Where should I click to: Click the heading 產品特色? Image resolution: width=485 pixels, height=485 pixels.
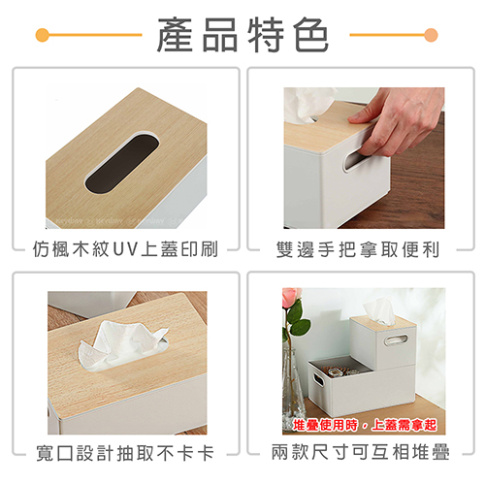pyautogui.click(x=242, y=35)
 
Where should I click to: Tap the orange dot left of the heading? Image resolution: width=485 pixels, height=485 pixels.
pyautogui.click(x=43, y=35)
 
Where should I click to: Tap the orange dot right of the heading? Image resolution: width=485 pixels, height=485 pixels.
pyautogui.click(x=431, y=35)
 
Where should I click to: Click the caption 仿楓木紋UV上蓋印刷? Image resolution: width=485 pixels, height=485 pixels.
pyautogui.click(x=125, y=249)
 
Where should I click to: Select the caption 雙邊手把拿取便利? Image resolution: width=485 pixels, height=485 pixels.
pyautogui.click(x=358, y=249)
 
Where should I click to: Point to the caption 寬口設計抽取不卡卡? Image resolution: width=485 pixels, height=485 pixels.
pyautogui.click(x=125, y=453)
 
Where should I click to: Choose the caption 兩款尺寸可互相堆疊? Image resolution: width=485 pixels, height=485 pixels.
pyautogui.click(x=360, y=452)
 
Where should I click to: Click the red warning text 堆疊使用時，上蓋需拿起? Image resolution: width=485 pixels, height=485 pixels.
pyautogui.click(x=365, y=425)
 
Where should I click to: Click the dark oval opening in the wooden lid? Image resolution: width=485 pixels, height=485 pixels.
pyautogui.click(x=122, y=165)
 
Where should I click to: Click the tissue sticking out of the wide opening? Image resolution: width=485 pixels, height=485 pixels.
pyautogui.click(x=123, y=346)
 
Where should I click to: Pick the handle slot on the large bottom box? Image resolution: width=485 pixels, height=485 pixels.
pyautogui.click(x=318, y=380)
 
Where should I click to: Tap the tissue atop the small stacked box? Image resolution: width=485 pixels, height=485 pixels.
pyautogui.click(x=380, y=309)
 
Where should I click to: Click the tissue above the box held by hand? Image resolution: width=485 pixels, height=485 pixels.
pyautogui.click(x=307, y=104)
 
